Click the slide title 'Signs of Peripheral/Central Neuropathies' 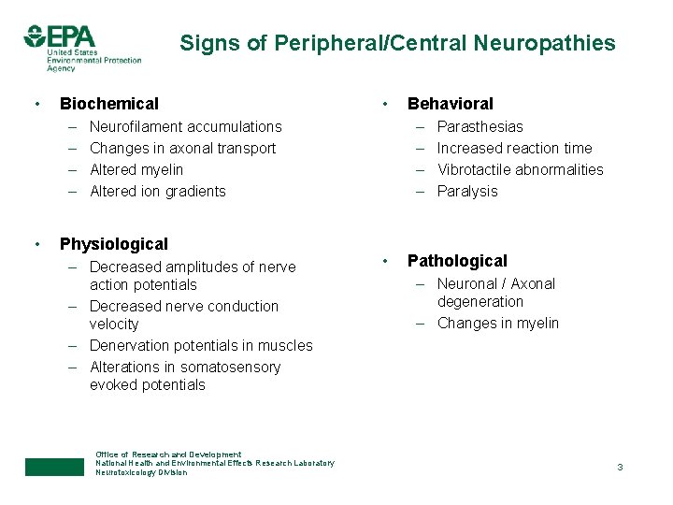coord(397,43)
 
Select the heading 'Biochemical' coord(109,104)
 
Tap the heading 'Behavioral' coord(450,104)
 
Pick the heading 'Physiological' coord(114,244)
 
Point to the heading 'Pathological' coord(457,261)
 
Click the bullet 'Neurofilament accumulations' coord(185,126)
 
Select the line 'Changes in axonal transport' coord(182,148)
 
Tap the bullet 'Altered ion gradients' coord(157,191)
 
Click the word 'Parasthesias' coord(480,126)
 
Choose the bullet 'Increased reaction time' coord(514,148)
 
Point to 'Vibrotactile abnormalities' coord(520,169)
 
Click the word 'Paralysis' coord(467,191)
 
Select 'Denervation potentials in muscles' coord(201,345)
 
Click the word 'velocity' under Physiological coord(114,324)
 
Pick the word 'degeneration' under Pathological coord(480,301)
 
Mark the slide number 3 coord(619,467)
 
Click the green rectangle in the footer coord(54,467)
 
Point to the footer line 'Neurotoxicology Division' coord(141,472)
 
